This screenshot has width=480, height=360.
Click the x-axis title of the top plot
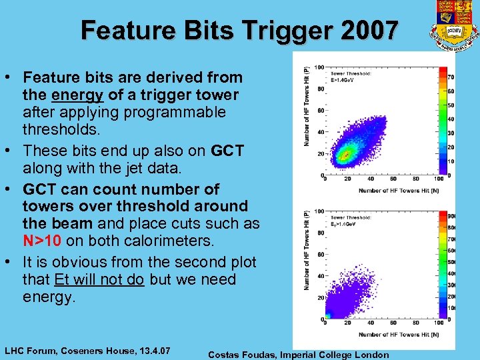coord(398,191)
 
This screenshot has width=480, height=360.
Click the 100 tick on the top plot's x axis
coord(437,179)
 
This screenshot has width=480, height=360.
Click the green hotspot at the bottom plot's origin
coord(328,315)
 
